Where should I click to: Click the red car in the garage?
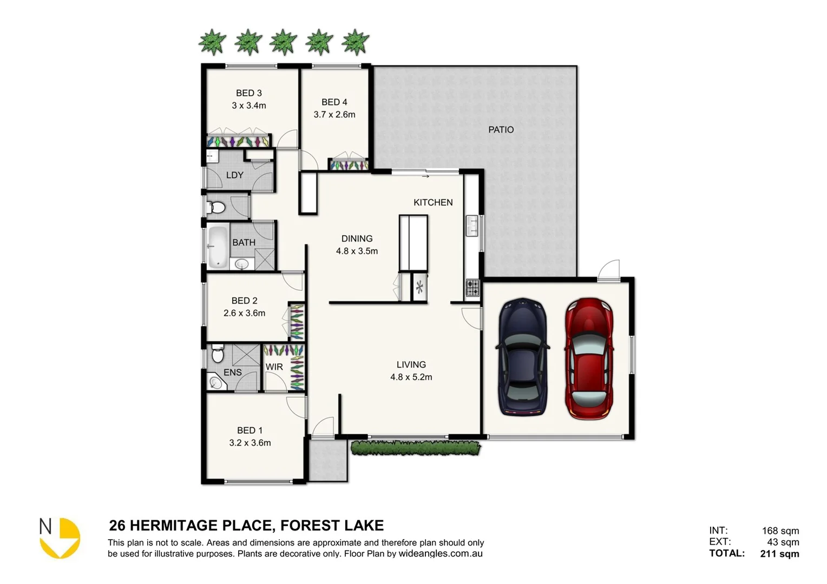[x=589, y=359]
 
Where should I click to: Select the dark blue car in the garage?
[x=522, y=357]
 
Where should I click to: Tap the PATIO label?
[x=501, y=130]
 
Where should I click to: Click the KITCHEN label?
[x=433, y=202]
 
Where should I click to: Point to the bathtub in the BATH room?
[x=218, y=247]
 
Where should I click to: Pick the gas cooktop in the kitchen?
[x=472, y=288]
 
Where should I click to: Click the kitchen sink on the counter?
[x=472, y=225]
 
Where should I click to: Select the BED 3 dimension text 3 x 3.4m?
[x=249, y=106]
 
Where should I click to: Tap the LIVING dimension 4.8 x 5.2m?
[x=411, y=377]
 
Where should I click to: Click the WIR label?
[x=274, y=367]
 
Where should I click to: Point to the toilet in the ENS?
[x=218, y=354]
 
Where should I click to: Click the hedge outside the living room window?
[x=416, y=448]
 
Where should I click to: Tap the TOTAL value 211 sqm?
[x=779, y=553]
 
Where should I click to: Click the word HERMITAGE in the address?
[x=201, y=526]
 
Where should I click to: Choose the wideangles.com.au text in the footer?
[x=441, y=554]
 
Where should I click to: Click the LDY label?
[x=234, y=175]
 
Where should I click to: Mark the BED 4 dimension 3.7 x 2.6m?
[x=334, y=115]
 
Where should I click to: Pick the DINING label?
[x=357, y=238]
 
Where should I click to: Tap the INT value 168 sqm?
[x=780, y=530]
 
